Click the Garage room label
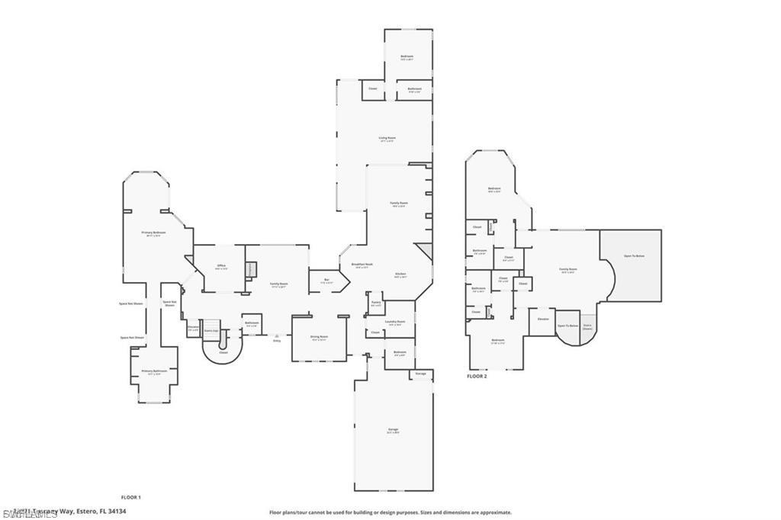(x=394, y=430)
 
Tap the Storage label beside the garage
(x=420, y=374)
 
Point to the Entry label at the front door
(x=277, y=341)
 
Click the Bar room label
(x=326, y=280)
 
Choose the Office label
(x=221, y=265)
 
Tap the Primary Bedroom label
(x=153, y=232)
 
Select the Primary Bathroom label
(x=153, y=371)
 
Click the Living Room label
(x=387, y=138)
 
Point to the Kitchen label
(x=400, y=274)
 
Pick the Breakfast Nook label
(x=360, y=265)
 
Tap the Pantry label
(x=376, y=303)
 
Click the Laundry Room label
(x=394, y=322)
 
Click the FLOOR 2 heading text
(x=477, y=377)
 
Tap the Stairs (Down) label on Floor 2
(x=587, y=326)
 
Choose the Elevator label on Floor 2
(x=543, y=319)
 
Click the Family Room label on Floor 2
(x=567, y=269)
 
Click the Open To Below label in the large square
(x=635, y=255)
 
